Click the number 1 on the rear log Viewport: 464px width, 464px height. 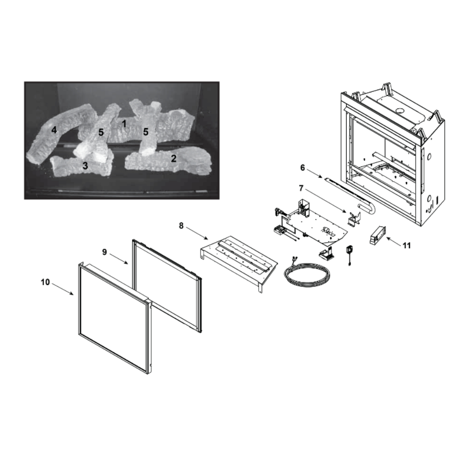(124, 124)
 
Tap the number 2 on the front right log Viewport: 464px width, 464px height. (174, 158)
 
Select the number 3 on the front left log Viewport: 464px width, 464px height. (85, 166)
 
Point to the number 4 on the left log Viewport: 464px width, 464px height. (54, 129)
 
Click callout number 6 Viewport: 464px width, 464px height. (303, 168)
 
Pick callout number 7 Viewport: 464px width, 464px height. (301, 188)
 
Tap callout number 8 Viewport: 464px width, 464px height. (181, 226)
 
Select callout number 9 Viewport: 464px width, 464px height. (104, 252)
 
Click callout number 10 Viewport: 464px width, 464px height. (45, 282)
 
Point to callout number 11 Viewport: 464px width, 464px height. (406, 245)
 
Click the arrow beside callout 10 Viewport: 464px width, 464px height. (63, 289)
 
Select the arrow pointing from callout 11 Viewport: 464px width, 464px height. (393, 241)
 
